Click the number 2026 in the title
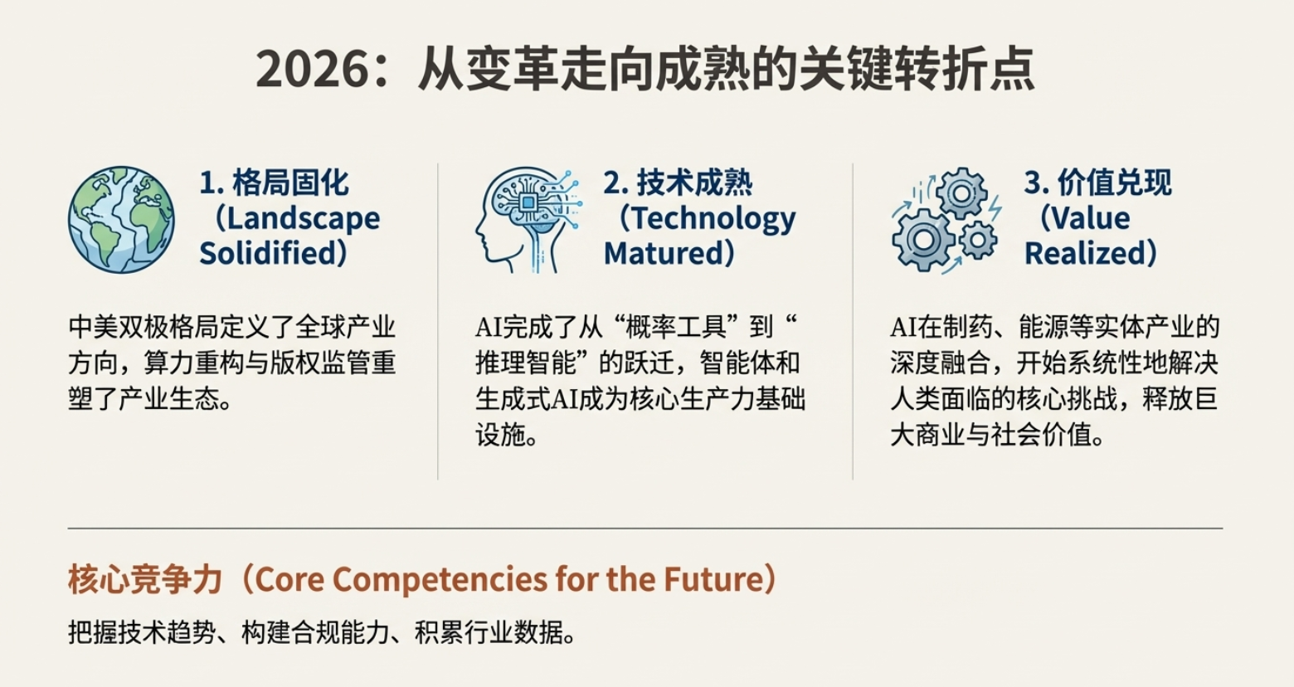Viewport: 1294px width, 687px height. (x=313, y=70)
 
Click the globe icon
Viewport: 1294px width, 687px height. (x=121, y=220)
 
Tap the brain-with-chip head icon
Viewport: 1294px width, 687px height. (x=529, y=220)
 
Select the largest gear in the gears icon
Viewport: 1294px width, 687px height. (x=923, y=240)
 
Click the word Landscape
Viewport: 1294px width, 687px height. (x=304, y=218)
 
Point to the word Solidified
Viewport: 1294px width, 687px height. (x=267, y=253)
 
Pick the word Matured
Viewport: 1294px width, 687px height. (x=663, y=253)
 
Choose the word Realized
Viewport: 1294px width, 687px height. (x=1083, y=253)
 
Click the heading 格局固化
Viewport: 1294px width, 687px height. (x=290, y=183)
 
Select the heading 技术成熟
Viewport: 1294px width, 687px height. (x=695, y=183)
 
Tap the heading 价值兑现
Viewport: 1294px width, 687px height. (x=1115, y=183)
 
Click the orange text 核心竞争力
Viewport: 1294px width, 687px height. (x=145, y=579)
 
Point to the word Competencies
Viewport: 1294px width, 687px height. (x=440, y=579)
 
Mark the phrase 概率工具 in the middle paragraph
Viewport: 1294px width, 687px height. (x=676, y=327)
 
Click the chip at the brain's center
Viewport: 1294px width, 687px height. (x=528, y=202)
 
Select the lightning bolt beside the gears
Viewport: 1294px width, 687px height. (x=995, y=208)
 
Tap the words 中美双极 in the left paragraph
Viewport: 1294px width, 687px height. (x=118, y=327)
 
